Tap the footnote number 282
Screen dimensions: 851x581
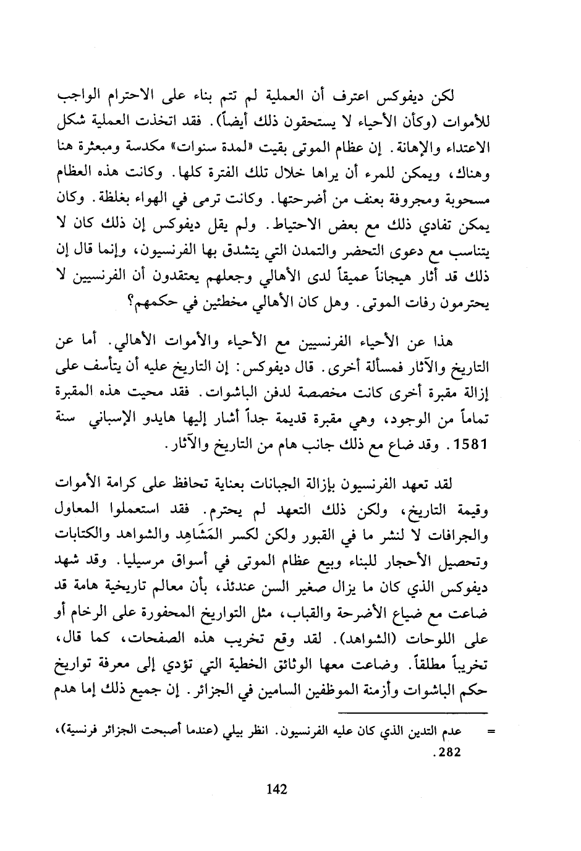coord(449,753)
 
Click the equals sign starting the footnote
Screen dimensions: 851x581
coord(492,732)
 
